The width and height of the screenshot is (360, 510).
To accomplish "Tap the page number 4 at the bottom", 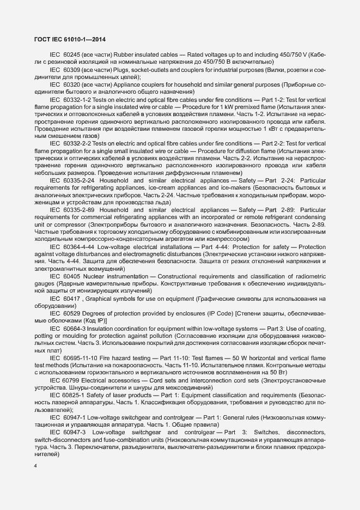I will (35, 464).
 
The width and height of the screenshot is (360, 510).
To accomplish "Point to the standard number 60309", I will (75, 70).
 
